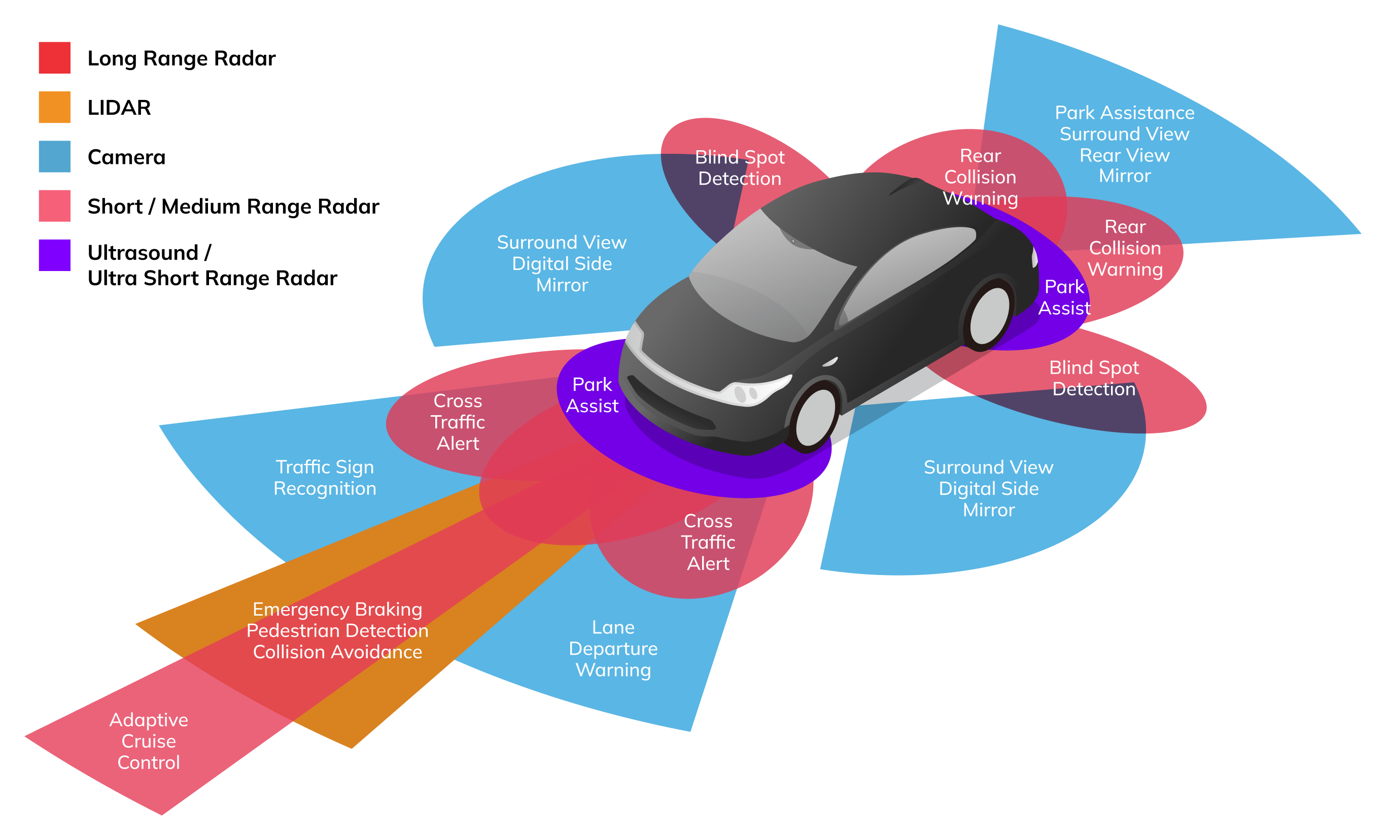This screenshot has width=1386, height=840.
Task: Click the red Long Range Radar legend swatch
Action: pyautogui.click(x=55, y=57)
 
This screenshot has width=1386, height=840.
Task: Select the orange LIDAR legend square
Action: pyautogui.click(x=55, y=107)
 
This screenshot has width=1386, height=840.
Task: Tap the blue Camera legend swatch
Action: pyautogui.click(x=55, y=156)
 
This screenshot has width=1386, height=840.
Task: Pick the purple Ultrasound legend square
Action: pyautogui.click(x=55, y=255)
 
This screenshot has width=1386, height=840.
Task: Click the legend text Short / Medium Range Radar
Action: pyautogui.click(x=233, y=207)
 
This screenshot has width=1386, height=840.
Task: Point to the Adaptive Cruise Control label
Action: pyautogui.click(x=149, y=741)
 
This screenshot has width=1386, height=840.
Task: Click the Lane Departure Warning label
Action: pyautogui.click(x=613, y=648)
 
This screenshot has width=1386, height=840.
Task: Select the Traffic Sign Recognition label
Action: pyautogui.click(x=325, y=477)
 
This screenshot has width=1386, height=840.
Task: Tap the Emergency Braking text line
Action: pyautogui.click(x=337, y=610)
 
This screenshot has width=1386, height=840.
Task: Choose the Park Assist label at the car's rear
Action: pyautogui.click(x=1064, y=297)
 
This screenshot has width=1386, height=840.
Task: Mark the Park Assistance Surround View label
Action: pyautogui.click(x=1124, y=123)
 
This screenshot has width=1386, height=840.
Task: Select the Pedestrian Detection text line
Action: pyautogui.click(x=337, y=631)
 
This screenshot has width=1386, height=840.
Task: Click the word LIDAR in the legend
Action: pyautogui.click(x=119, y=108)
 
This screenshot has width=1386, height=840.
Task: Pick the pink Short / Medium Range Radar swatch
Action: pyautogui.click(x=55, y=206)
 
